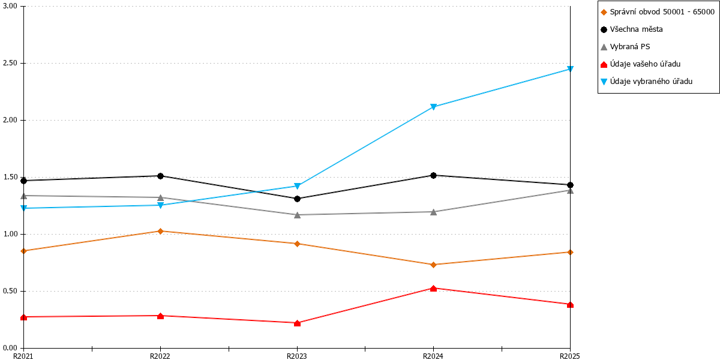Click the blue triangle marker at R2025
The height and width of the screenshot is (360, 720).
570,69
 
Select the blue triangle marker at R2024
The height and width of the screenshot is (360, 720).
433,107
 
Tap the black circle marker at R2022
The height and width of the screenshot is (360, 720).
160,176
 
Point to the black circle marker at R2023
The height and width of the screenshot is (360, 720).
297,199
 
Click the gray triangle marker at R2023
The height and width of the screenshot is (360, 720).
298,215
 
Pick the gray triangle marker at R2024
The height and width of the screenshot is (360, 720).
433,212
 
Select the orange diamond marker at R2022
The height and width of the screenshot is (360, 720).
160,231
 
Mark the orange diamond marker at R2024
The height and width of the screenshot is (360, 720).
433,265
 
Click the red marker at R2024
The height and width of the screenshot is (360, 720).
433,289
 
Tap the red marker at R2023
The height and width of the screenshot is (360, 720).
298,323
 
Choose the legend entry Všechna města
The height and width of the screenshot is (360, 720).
631,29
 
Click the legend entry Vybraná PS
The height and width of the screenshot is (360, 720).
625,47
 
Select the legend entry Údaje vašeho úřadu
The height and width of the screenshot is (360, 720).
640,64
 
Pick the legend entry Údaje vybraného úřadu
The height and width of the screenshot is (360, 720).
646,82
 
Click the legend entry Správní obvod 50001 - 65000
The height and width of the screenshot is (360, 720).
658,12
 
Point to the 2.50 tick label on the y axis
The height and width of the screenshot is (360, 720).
10,63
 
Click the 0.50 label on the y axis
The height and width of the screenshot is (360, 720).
10,291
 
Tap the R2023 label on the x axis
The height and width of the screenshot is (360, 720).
296,356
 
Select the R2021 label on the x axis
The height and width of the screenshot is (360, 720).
23,356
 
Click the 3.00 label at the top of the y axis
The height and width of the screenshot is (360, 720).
10,6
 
